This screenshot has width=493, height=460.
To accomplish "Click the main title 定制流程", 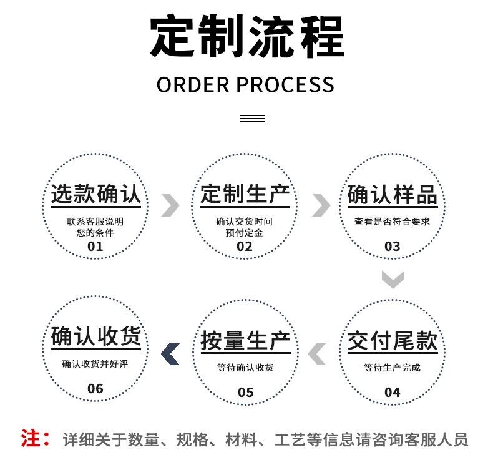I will pos(246,37).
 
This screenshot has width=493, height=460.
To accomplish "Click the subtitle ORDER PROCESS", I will pos(245,84).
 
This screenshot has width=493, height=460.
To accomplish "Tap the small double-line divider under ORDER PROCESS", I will pos(252,119).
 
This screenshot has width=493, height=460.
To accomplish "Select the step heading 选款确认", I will pos(95,195).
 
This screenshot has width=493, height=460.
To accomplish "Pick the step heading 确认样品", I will pos(392,195).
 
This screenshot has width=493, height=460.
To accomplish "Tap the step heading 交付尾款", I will pos(392,341).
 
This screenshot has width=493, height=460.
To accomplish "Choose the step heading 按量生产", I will pos(245,341).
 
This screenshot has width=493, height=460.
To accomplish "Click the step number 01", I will pos(95,246).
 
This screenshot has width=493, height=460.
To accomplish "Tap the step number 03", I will pos(392,246).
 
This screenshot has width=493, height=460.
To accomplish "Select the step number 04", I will pos(392,392).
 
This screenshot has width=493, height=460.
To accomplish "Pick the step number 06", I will pos(95,388).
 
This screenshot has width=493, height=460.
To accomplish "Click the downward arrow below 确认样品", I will pos(393,279).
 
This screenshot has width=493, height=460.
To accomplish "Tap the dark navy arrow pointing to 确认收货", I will pos(170,353).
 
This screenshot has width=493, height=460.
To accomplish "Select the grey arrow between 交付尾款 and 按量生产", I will pos(317,353).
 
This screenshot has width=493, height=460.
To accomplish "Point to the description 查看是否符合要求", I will pos(392,222).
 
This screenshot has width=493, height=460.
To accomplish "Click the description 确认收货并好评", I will pos(95,364).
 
